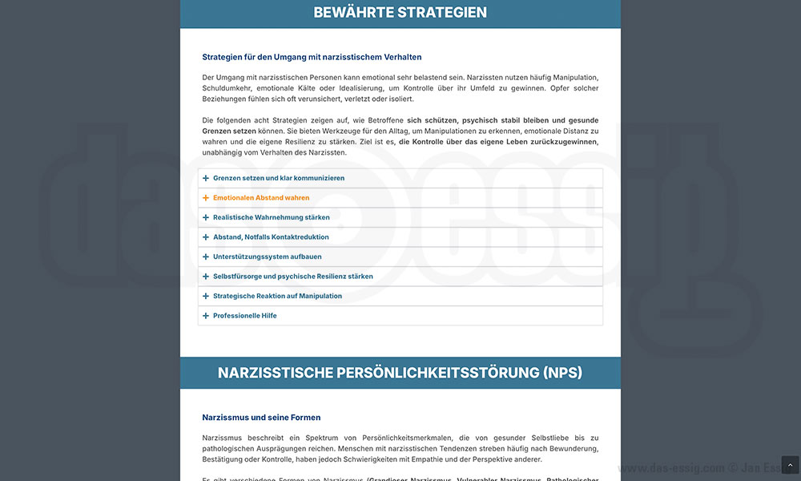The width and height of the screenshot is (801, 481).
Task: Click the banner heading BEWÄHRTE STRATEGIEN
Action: [x=400, y=13]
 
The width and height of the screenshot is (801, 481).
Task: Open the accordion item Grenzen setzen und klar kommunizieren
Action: [x=279, y=178]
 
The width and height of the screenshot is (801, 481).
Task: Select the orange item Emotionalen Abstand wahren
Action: [x=261, y=198]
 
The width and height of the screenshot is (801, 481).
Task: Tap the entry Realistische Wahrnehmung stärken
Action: [x=271, y=217]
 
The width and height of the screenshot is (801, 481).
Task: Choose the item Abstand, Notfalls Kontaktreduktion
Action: [x=271, y=237]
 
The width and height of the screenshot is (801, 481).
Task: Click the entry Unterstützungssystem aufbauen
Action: [x=267, y=257]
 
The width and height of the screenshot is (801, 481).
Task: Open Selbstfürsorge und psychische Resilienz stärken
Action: [x=292, y=277]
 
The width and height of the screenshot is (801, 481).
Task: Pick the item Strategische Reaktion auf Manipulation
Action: [x=277, y=296]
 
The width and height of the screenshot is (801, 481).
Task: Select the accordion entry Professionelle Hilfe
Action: [x=244, y=316]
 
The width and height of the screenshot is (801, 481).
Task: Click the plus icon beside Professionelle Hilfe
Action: [x=206, y=316]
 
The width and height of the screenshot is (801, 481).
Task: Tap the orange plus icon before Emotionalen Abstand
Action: [x=206, y=198]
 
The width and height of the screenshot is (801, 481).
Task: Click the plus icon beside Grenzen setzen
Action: [x=206, y=178]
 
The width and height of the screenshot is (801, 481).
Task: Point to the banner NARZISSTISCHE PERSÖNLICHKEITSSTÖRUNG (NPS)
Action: [x=400, y=373]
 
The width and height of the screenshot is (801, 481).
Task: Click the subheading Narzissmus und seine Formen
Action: [x=261, y=418]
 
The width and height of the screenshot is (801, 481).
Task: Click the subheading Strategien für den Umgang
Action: [x=312, y=57]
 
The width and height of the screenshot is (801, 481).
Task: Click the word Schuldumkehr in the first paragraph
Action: [x=229, y=88]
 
